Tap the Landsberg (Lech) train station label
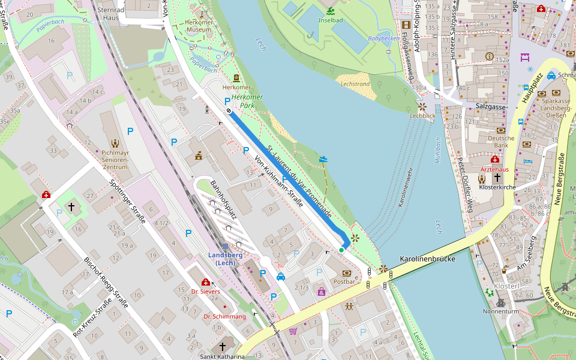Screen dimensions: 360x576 (x=225, y=259)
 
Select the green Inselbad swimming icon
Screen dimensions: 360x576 (x=331, y=11)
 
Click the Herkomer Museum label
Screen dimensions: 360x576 (x=199, y=26)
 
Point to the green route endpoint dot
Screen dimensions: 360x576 (x=341, y=250)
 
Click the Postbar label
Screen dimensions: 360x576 (x=344, y=281)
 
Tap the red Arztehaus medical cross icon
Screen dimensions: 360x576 (x=495, y=160)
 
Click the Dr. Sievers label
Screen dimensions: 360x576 (x=206, y=292)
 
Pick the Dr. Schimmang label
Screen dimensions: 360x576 (x=224, y=316)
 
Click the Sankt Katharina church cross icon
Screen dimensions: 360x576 (x=223, y=347)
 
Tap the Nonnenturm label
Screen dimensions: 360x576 (x=500, y=312)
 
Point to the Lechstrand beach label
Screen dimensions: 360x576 (x=355, y=85)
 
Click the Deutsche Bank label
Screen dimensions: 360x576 (x=501, y=141)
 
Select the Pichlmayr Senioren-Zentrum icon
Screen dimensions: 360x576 (x=115, y=143)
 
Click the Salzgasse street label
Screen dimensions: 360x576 (x=491, y=106)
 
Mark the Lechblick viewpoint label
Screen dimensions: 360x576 (x=422, y=115)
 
